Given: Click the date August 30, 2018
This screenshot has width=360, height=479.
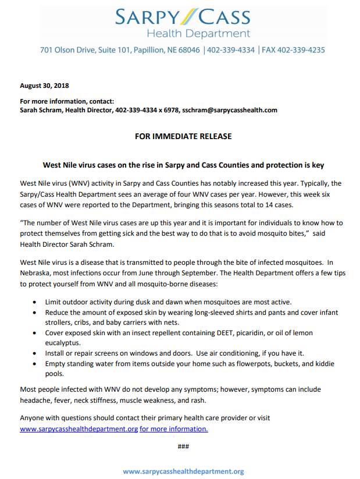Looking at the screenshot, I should coord(44,86).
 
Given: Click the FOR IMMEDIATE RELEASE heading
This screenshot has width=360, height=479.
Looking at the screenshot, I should coord(183,136).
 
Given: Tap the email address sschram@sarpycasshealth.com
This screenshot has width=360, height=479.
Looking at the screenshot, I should coord(230,109).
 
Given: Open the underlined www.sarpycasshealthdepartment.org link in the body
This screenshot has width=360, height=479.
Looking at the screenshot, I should coord(79,429).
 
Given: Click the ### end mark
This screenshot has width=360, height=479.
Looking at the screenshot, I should coord(183,446).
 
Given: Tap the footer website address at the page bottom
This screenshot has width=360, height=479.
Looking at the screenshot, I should coord(183,471).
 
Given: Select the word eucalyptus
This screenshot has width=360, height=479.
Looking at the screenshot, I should coord(63,343).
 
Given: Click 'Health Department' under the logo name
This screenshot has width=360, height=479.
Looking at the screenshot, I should coord(198,34).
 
